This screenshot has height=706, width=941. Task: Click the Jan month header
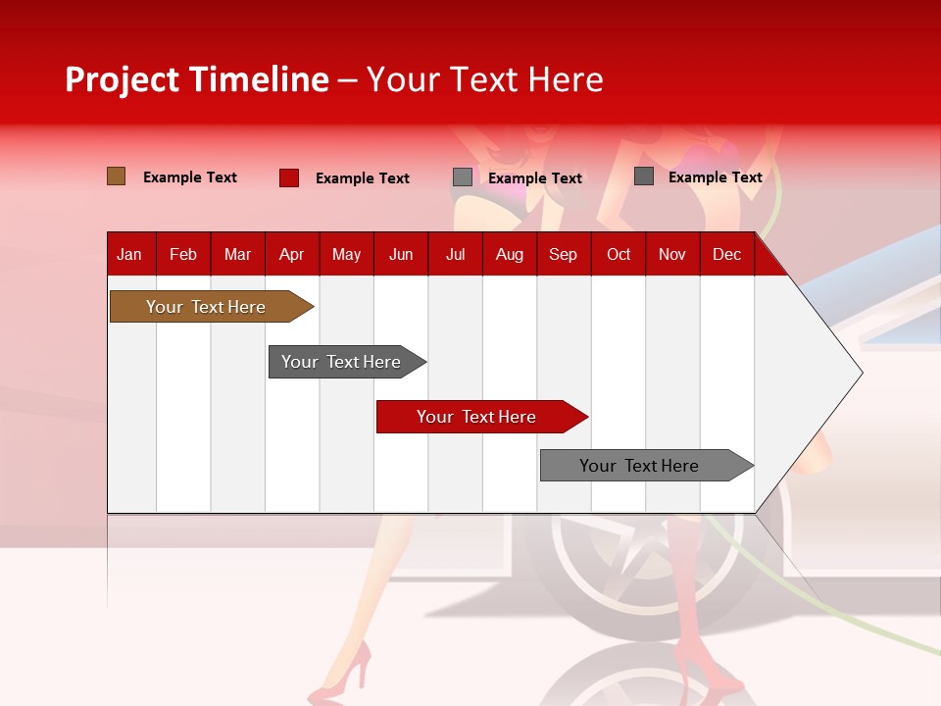point(129,255)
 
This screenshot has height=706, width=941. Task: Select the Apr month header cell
point(291,255)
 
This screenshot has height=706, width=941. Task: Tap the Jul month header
point(455,255)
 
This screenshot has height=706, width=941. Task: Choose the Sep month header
point(563,255)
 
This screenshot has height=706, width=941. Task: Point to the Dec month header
point(726,255)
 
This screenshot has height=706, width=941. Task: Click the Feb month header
point(183,255)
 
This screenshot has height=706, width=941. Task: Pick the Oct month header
point(619,255)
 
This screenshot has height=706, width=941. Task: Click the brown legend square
point(116,176)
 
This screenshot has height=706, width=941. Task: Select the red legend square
point(288,177)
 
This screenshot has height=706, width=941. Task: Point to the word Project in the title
point(123,79)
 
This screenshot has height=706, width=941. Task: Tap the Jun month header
point(401,255)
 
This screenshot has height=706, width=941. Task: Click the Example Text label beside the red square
point(362,178)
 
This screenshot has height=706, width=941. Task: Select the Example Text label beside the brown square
point(189,177)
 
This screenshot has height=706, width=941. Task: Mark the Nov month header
point(672,255)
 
